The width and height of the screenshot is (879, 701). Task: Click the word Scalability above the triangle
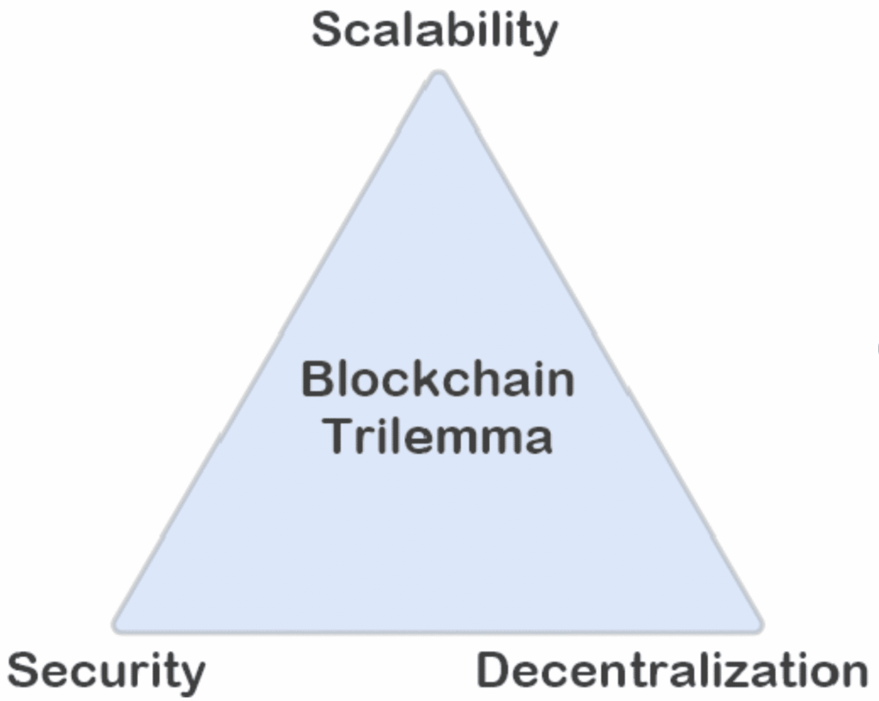point(434,32)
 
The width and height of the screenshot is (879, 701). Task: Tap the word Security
point(106,671)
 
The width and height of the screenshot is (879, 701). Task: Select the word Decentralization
point(672,669)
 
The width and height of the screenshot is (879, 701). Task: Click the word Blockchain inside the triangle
point(438,379)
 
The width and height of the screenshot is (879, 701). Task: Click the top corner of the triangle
point(439,76)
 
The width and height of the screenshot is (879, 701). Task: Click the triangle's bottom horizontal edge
point(438,632)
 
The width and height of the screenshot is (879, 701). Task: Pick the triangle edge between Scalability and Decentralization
point(601,352)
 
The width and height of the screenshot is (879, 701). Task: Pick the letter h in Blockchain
point(488,379)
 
